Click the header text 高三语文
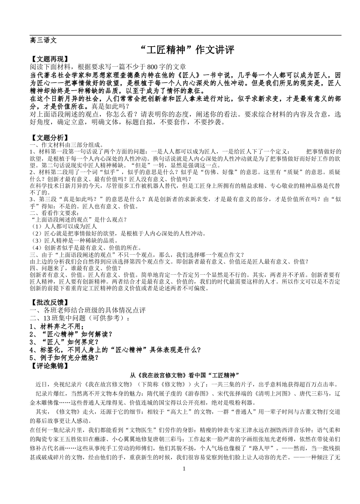(43, 40)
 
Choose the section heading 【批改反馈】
(49, 302)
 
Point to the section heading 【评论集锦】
(49, 366)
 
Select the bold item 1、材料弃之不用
(57, 326)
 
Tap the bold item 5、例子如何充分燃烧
(64, 358)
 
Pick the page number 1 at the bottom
(185, 469)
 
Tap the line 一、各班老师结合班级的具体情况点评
(88, 310)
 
